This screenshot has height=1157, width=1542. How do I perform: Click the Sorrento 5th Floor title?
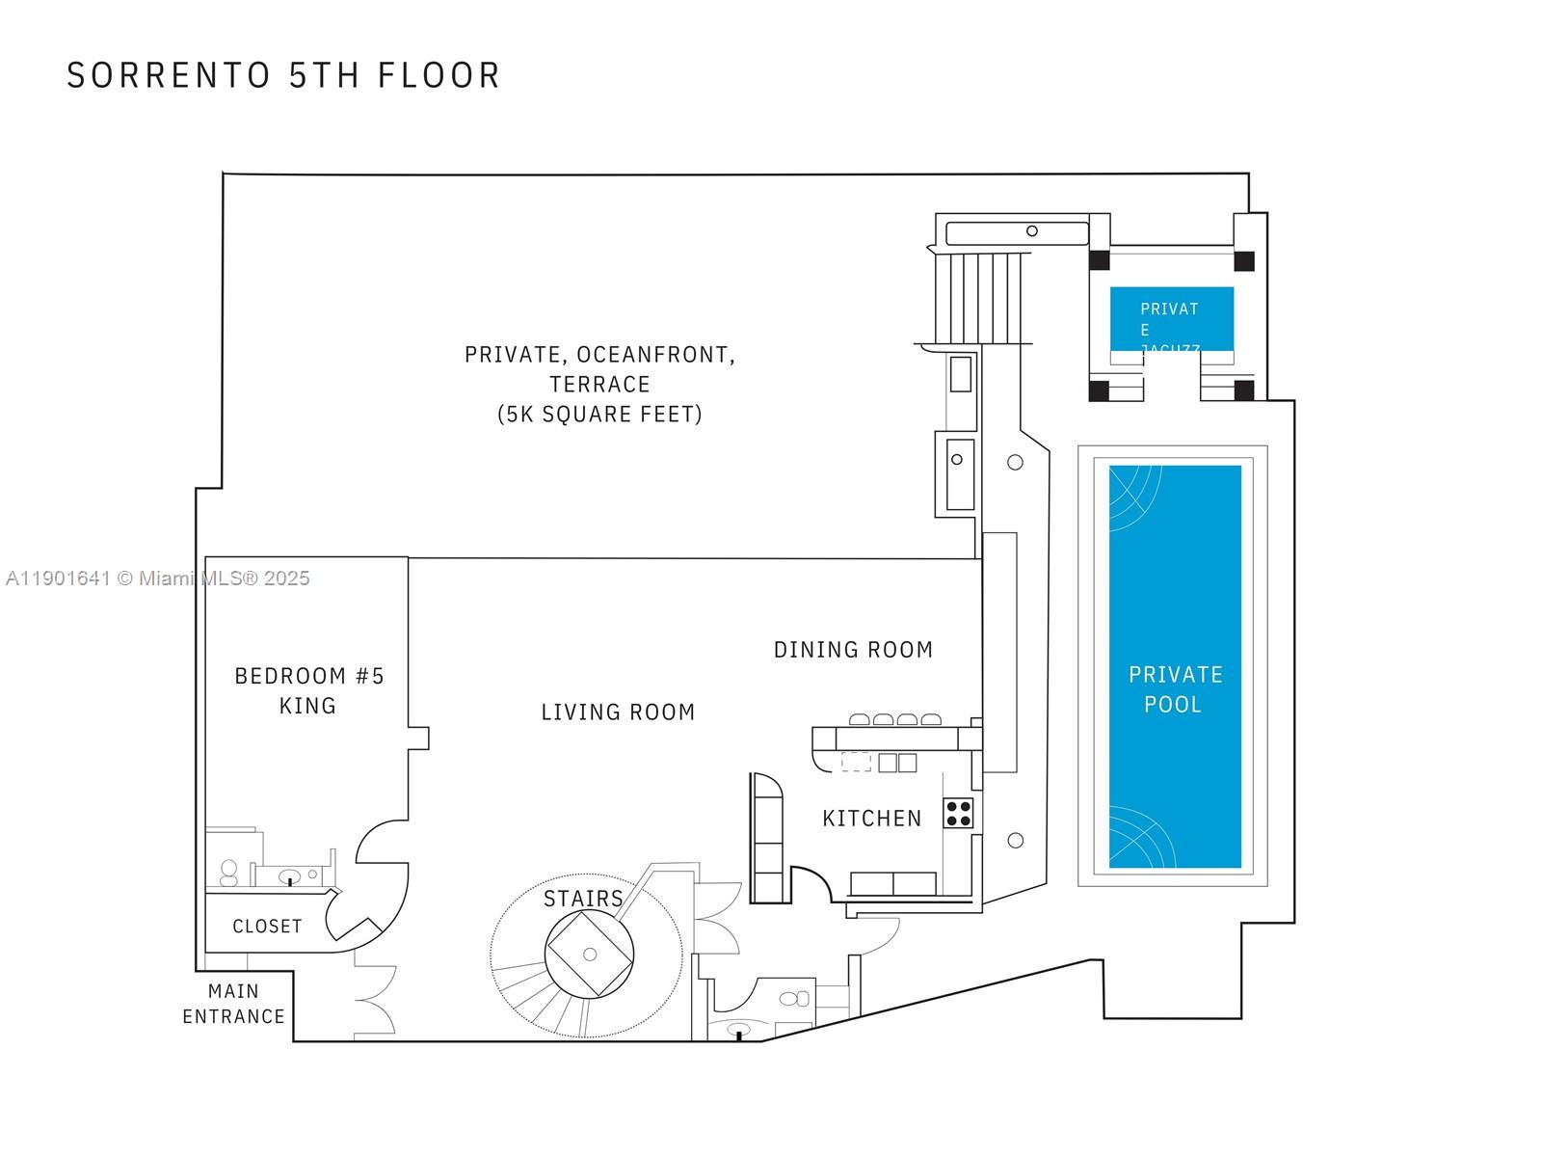(283, 75)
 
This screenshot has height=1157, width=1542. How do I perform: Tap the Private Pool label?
(1175, 689)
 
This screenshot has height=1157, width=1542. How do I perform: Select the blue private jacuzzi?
(1171, 318)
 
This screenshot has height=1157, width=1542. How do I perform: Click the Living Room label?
(618, 713)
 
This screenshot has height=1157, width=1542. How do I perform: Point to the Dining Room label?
(853, 650)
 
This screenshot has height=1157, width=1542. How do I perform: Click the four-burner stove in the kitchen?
(958, 813)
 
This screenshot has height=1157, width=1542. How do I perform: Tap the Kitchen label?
(871, 819)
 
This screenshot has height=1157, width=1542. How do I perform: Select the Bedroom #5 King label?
(308, 690)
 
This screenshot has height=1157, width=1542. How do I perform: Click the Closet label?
(267, 927)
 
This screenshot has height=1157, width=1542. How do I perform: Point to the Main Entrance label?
(233, 1004)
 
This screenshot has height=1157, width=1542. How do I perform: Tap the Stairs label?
(583, 899)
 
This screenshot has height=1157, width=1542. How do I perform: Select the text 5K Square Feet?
(599, 415)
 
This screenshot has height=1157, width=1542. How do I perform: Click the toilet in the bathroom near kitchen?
(795, 999)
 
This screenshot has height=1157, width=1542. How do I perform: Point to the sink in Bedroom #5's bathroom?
(289, 877)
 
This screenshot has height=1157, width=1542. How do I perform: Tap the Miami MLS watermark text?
(157, 578)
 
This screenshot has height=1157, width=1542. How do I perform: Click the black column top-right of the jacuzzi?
(1244, 260)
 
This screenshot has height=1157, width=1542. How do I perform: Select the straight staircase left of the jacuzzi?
(977, 297)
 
